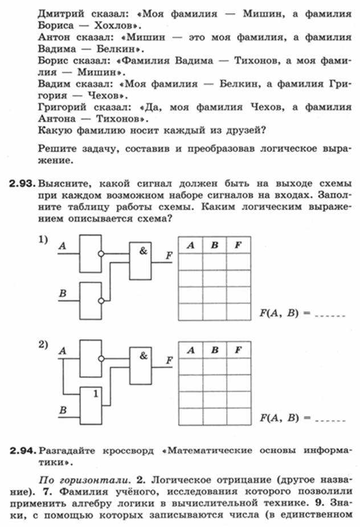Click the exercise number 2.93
pyautogui.click(x=22, y=183)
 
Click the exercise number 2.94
pyautogui.click(x=22, y=450)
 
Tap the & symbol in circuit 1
pyautogui.click(x=144, y=250)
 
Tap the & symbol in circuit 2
pyautogui.click(x=144, y=355)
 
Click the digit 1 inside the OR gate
pyautogui.click(x=96, y=393)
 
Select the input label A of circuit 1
pyautogui.click(x=62, y=246)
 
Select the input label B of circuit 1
pyautogui.click(x=63, y=293)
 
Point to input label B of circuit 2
pyautogui.click(x=63, y=410)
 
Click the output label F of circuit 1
pyautogui.click(x=169, y=256)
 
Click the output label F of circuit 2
pyautogui.click(x=169, y=360)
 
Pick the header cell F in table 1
pyautogui.click(x=239, y=245)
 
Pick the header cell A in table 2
pyautogui.click(x=191, y=350)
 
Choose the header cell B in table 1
pyautogui.click(x=215, y=245)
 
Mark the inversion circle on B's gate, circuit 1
pyautogui.click(x=101, y=301)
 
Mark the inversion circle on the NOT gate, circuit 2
pyautogui.click(x=101, y=359)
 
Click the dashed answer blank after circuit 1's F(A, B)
pyautogui.click(x=330, y=316)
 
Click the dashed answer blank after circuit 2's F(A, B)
pyautogui.click(x=330, y=421)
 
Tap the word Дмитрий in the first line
pyautogui.click(x=60, y=14)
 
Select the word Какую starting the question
pyautogui.click(x=55, y=130)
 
